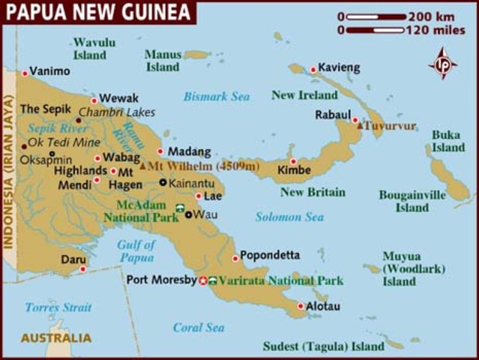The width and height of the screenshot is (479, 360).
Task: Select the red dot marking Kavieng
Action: pyautogui.click(x=313, y=70)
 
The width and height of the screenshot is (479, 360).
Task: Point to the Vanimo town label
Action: pyautogui.click(x=49, y=71)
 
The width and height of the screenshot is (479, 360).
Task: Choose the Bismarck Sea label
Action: pyautogui.click(x=217, y=97)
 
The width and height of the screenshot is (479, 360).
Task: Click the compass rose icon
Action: pyautogui.click(x=443, y=63)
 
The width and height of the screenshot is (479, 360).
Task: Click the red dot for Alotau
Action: pyautogui.click(x=301, y=306)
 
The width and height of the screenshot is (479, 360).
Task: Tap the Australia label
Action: pyautogui.click(x=56, y=338)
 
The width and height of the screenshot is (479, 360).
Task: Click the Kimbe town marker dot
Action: pyautogui.click(x=293, y=161)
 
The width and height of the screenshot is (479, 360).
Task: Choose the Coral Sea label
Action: pyautogui.click(x=199, y=328)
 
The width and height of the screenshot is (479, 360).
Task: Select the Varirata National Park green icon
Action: pyautogui.click(x=214, y=280)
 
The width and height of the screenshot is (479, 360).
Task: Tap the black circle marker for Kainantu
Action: pyautogui.click(x=163, y=182)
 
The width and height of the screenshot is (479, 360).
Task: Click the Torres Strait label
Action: pyautogui.click(x=58, y=307)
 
